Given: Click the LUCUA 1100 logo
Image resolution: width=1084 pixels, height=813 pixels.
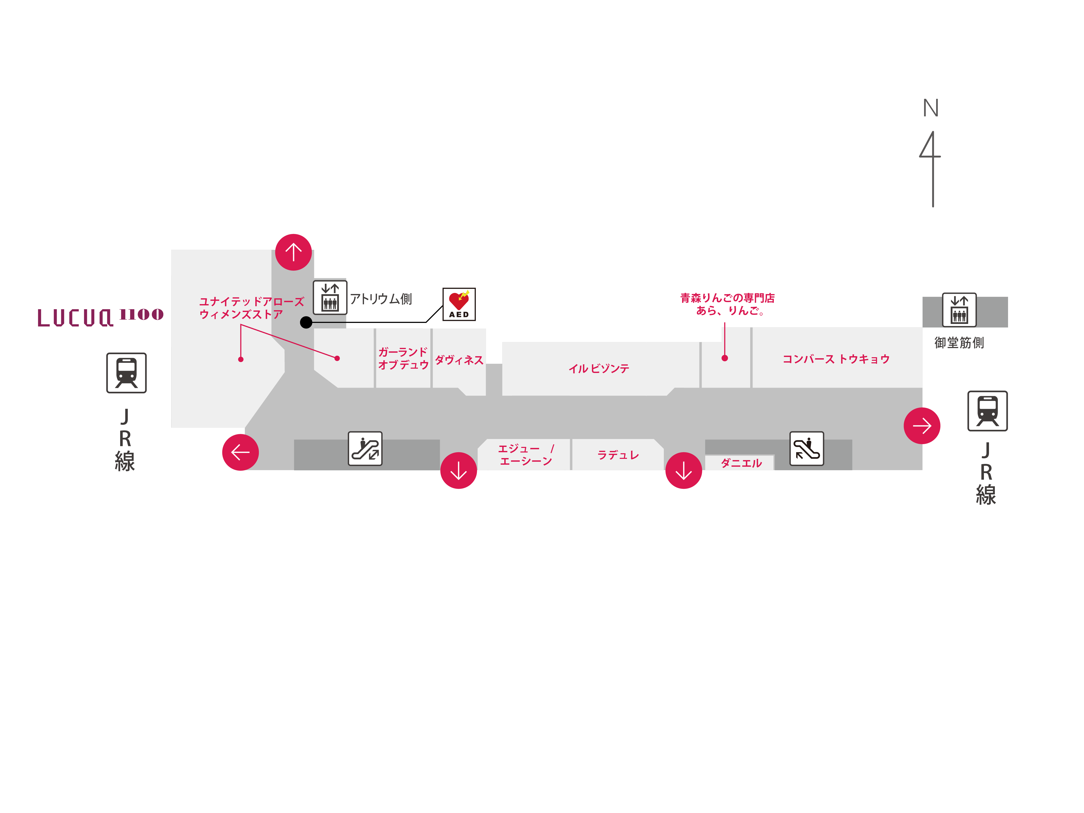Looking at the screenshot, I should click(x=100, y=317).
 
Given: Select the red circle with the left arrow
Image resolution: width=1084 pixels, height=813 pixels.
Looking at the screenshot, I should click(x=240, y=452).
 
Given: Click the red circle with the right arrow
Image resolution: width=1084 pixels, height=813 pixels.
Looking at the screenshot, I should click(x=921, y=425).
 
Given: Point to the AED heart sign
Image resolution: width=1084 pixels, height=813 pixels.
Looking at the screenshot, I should click(x=459, y=304).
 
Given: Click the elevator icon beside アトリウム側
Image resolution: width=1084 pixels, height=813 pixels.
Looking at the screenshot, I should click(x=330, y=298).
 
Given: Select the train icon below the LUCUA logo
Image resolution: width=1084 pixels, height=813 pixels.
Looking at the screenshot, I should click(x=127, y=372).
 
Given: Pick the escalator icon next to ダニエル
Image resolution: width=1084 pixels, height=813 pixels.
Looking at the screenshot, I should click(x=806, y=448).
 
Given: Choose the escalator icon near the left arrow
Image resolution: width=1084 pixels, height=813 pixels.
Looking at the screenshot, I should click(x=365, y=448).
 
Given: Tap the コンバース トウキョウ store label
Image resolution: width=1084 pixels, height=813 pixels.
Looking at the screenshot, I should click(x=836, y=359).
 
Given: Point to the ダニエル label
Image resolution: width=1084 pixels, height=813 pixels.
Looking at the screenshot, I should click(x=741, y=463).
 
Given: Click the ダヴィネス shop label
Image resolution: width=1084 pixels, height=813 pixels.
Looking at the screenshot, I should click(x=459, y=360).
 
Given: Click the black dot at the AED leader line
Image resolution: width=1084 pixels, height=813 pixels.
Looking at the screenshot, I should click(x=306, y=322).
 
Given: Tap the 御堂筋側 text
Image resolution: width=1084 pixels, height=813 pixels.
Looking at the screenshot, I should click(x=959, y=342).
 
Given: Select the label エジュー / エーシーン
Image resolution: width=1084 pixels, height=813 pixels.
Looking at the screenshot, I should click(x=525, y=455).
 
